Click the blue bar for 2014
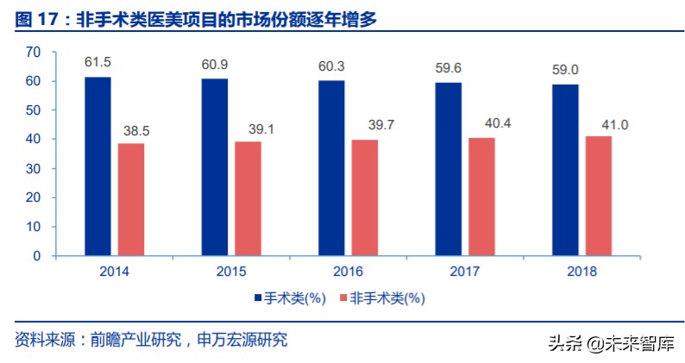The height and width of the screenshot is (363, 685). tap(97, 166)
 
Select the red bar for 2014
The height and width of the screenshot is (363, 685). tap(132, 199)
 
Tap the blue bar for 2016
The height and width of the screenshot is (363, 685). tap(331, 168)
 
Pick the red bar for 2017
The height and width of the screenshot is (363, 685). tap(481, 197)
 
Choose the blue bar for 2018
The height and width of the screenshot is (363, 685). tap(565, 170)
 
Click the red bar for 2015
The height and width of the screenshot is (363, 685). tap(248, 198)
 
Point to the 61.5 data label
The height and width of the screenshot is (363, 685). tap(97, 64)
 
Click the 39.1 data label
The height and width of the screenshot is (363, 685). tap(248, 128)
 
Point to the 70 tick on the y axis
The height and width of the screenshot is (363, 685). tap(34, 53)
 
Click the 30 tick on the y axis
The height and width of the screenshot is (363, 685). tap(34, 169)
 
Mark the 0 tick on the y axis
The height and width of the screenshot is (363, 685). tap(37, 256)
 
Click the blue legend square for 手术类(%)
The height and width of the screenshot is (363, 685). tap(257, 298)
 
